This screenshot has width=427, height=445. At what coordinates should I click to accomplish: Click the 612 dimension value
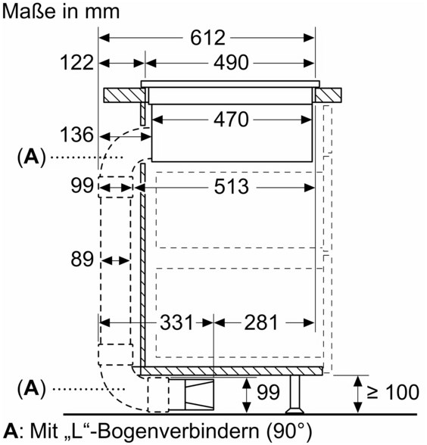(207, 38)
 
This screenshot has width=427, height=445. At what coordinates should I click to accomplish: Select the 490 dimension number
(231, 63)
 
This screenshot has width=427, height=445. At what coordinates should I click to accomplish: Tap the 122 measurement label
(76, 63)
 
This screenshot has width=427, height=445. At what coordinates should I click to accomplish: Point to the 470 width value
(231, 120)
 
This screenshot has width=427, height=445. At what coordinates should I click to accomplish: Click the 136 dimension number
(76, 135)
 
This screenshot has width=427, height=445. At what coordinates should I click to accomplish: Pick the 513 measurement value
(232, 187)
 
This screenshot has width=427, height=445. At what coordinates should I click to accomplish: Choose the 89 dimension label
(82, 259)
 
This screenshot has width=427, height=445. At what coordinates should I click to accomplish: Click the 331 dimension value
(176, 322)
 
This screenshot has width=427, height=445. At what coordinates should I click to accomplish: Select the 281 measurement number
(260, 322)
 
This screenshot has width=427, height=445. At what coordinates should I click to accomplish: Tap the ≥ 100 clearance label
(393, 392)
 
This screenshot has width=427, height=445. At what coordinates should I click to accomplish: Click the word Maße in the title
(30, 11)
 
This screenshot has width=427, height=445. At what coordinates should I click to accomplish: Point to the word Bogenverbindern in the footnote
(178, 431)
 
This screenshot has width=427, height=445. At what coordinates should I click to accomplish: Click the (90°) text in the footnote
(289, 431)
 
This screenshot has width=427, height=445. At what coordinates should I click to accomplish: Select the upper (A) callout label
(31, 157)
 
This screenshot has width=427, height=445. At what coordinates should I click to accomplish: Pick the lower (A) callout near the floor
(31, 389)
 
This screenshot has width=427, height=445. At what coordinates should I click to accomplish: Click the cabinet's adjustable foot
(295, 394)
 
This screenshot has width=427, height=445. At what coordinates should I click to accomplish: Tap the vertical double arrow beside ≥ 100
(358, 394)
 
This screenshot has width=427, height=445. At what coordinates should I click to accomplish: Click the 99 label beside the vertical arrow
(268, 392)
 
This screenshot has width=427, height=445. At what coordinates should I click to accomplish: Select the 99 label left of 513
(82, 185)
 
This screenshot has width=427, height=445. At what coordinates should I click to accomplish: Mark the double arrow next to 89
(116, 260)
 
